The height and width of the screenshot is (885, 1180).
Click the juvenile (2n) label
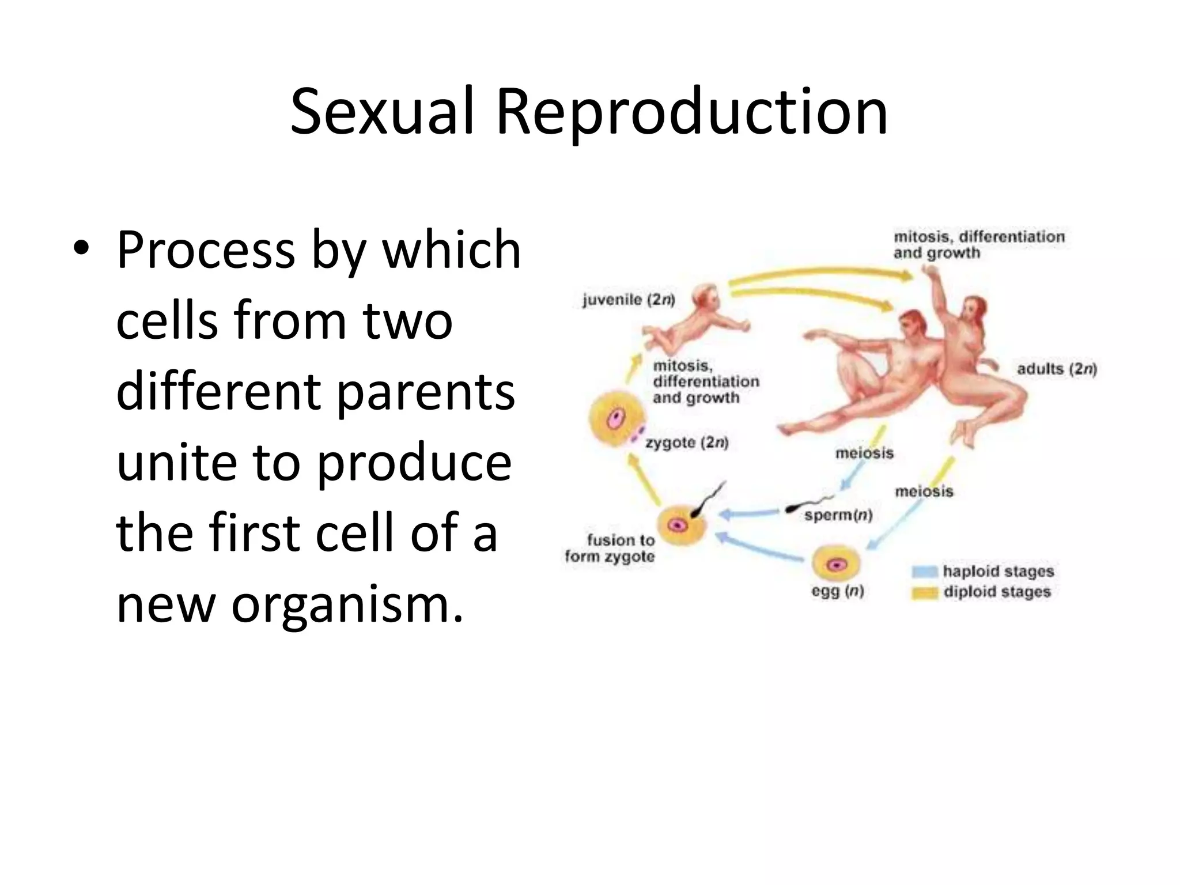629,300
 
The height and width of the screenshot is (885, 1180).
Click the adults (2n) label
1057,369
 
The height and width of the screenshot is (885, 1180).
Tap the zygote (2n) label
687,442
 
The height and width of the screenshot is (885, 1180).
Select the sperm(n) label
838,515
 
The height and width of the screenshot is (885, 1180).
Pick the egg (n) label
837,591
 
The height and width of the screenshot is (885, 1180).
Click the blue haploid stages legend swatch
925,572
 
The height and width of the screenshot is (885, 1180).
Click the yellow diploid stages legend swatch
925,592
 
